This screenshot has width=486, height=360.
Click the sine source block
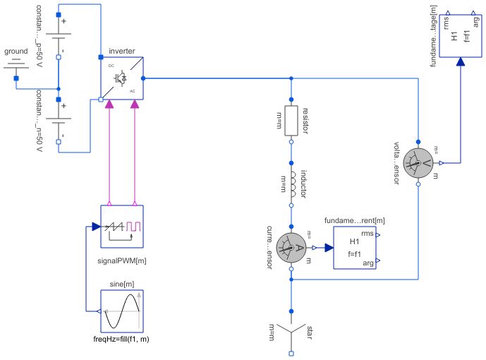(122, 311)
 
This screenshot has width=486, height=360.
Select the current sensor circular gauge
(290, 248)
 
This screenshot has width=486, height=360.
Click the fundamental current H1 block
(355, 248)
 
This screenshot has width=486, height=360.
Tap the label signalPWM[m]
(122, 260)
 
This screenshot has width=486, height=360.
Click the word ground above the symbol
(16, 52)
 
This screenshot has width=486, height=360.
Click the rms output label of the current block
(367, 234)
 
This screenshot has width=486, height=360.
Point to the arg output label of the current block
(367, 263)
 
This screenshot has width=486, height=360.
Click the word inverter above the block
(122, 52)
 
